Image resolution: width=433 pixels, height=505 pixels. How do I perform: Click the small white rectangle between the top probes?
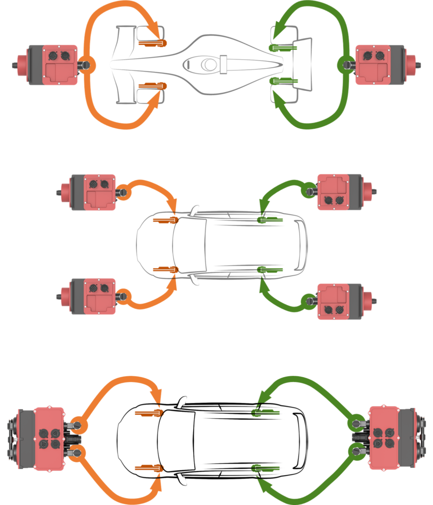[x=223, y=65]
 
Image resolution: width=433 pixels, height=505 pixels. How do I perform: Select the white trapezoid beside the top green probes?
[x=303, y=64]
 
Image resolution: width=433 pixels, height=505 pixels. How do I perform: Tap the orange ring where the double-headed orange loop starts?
[x=88, y=65]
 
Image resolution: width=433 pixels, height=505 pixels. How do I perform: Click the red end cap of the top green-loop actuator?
[x=411, y=65]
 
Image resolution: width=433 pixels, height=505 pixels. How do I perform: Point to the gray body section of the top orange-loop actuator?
[x=35, y=65]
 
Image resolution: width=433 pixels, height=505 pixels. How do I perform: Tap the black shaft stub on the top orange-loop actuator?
[x=14, y=65]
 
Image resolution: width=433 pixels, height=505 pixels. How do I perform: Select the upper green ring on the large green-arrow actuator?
[x=356, y=423]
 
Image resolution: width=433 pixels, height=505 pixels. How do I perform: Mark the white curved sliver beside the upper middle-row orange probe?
[x=195, y=211]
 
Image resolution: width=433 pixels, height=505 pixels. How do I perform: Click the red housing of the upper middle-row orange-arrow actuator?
[x=100, y=192]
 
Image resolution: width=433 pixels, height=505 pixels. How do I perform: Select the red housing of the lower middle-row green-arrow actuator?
[x=332, y=301]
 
